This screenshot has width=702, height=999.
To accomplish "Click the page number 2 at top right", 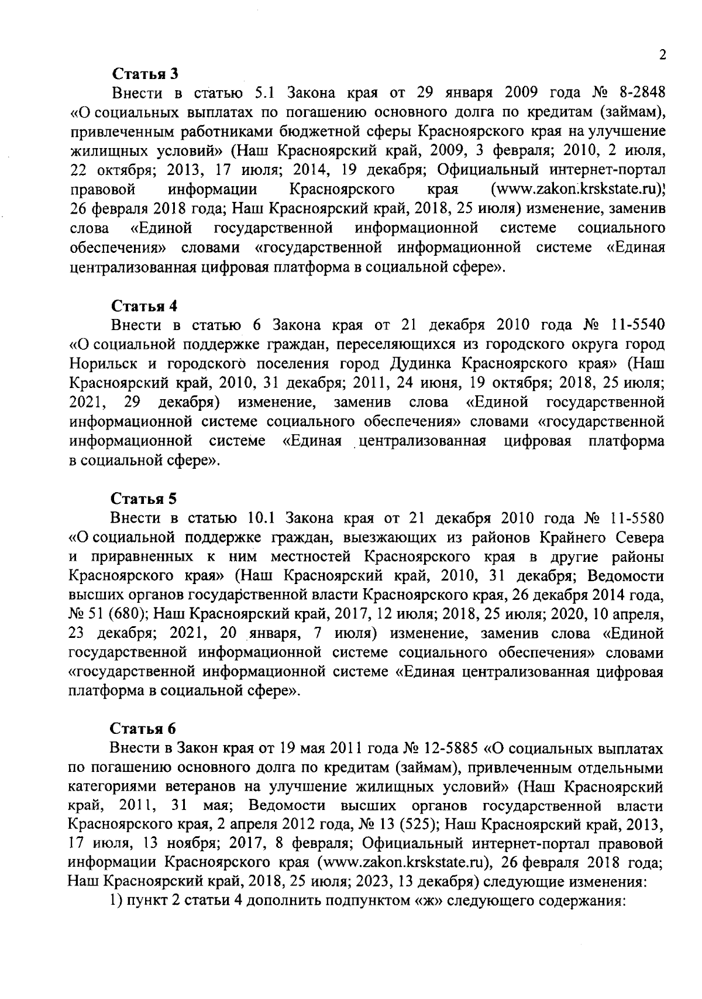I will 662,55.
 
